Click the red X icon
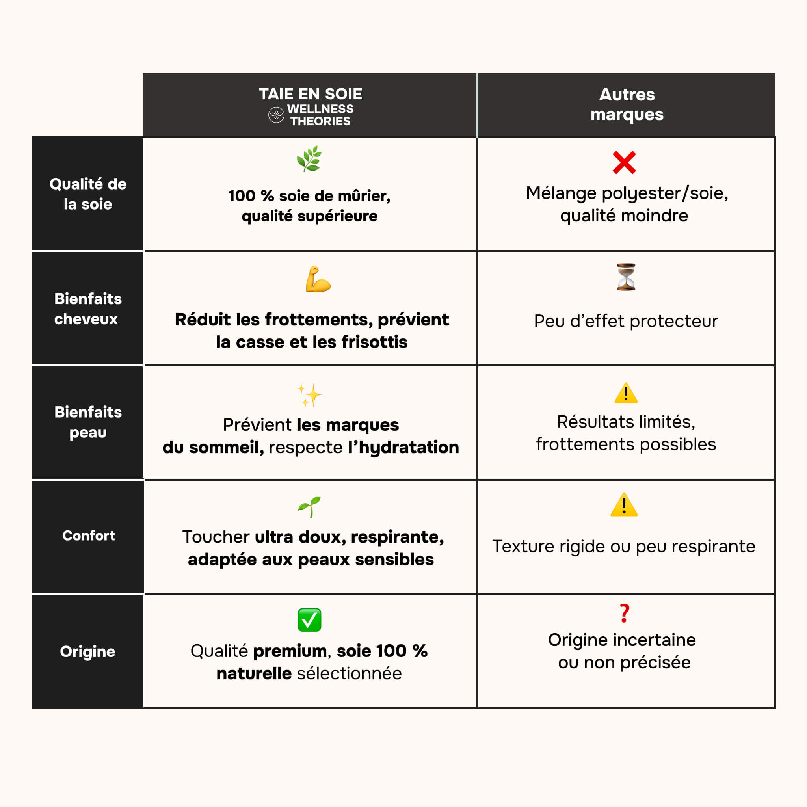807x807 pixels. (624, 162)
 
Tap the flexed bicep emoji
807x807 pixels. (318, 279)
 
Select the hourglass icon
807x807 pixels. (626, 277)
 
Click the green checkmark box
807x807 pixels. (309, 620)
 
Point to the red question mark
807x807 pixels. (624, 613)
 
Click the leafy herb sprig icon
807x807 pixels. (309, 159)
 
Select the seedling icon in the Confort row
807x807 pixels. (309, 507)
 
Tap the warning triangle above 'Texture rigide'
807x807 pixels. (624, 505)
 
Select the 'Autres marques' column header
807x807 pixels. (627, 104)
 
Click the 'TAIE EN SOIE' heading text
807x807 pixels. (311, 94)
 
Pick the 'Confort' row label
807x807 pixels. (89, 536)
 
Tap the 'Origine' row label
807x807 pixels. (87, 651)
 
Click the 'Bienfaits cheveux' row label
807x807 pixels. (88, 309)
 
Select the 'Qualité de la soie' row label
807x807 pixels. (88, 194)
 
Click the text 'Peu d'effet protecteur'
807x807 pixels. (626, 321)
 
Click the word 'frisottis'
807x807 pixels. (374, 342)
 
